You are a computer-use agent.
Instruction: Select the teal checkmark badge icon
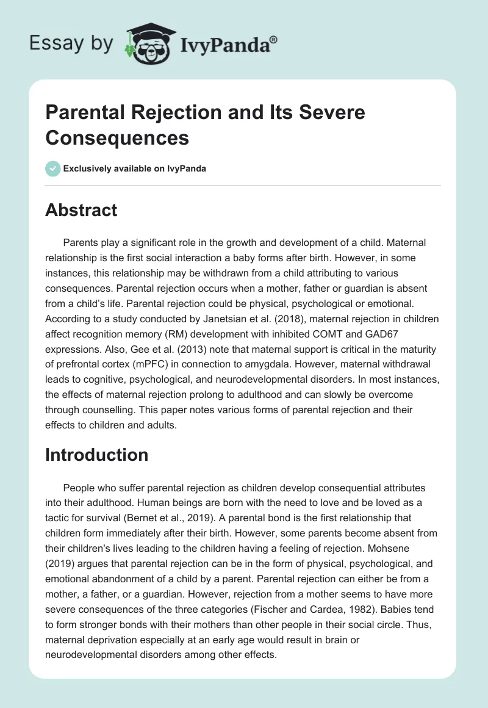pos(53,169)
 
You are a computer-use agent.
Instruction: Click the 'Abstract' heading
pos(81,211)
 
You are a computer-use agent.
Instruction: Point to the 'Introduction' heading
pos(96,455)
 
